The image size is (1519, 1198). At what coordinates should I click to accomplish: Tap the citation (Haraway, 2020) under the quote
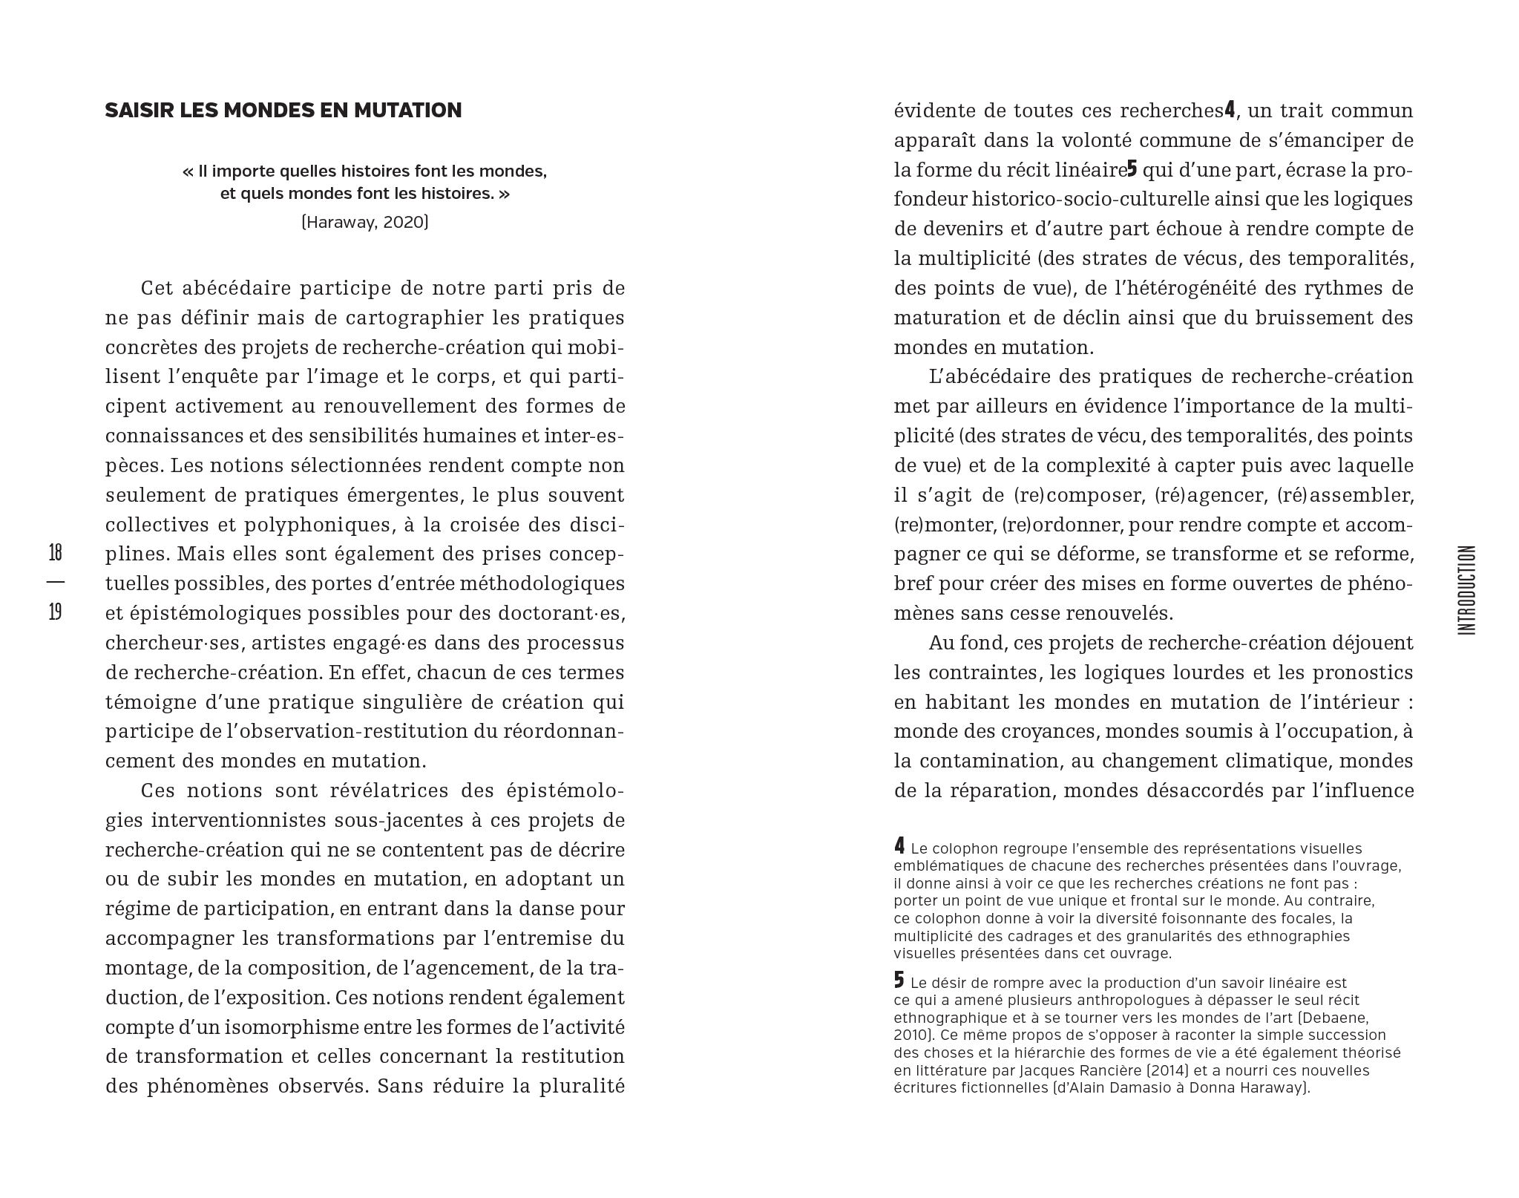coord(364,222)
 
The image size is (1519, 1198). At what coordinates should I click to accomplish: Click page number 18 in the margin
coord(55,553)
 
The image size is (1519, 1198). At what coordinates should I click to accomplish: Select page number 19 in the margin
coord(55,612)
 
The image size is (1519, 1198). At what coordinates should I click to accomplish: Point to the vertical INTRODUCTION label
coord(1466,590)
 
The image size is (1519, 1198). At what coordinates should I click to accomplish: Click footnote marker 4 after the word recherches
coord(1230,110)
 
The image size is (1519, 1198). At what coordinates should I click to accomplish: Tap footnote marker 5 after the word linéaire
coord(1132,169)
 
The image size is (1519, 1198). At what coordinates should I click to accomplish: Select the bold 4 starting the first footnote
coord(899,845)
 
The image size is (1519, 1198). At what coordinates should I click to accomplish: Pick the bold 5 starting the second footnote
coord(899,981)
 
